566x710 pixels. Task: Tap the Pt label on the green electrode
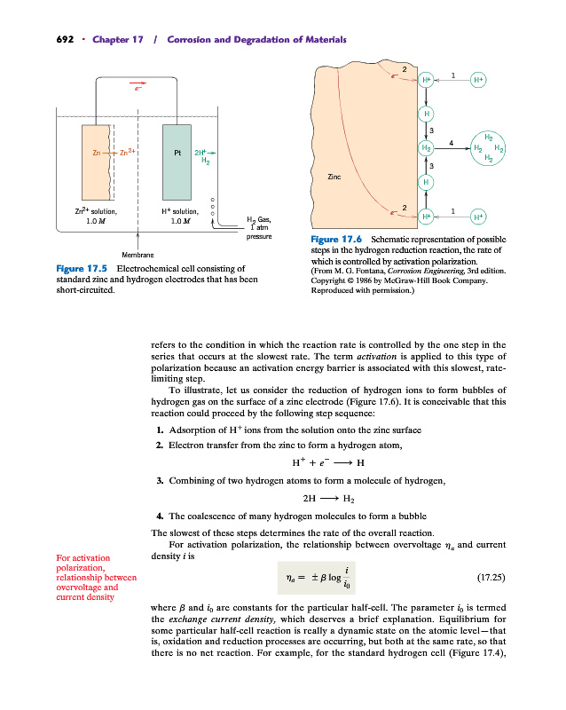tap(177, 152)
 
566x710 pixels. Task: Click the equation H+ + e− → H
tap(328, 462)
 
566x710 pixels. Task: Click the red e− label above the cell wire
tap(138, 89)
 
